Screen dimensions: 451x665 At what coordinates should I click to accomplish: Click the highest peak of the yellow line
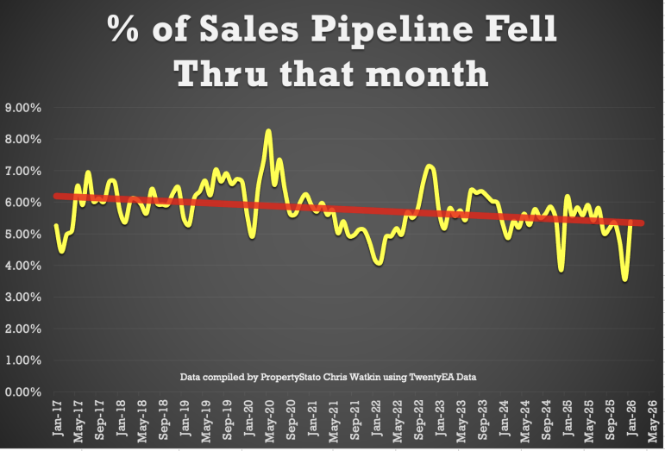(268, 131)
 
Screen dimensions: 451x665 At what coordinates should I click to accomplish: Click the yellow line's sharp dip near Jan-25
(561, 270)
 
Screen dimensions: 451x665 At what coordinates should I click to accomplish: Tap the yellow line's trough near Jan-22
(379, 263)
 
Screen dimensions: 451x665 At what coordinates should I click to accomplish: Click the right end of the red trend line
(642, 223)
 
